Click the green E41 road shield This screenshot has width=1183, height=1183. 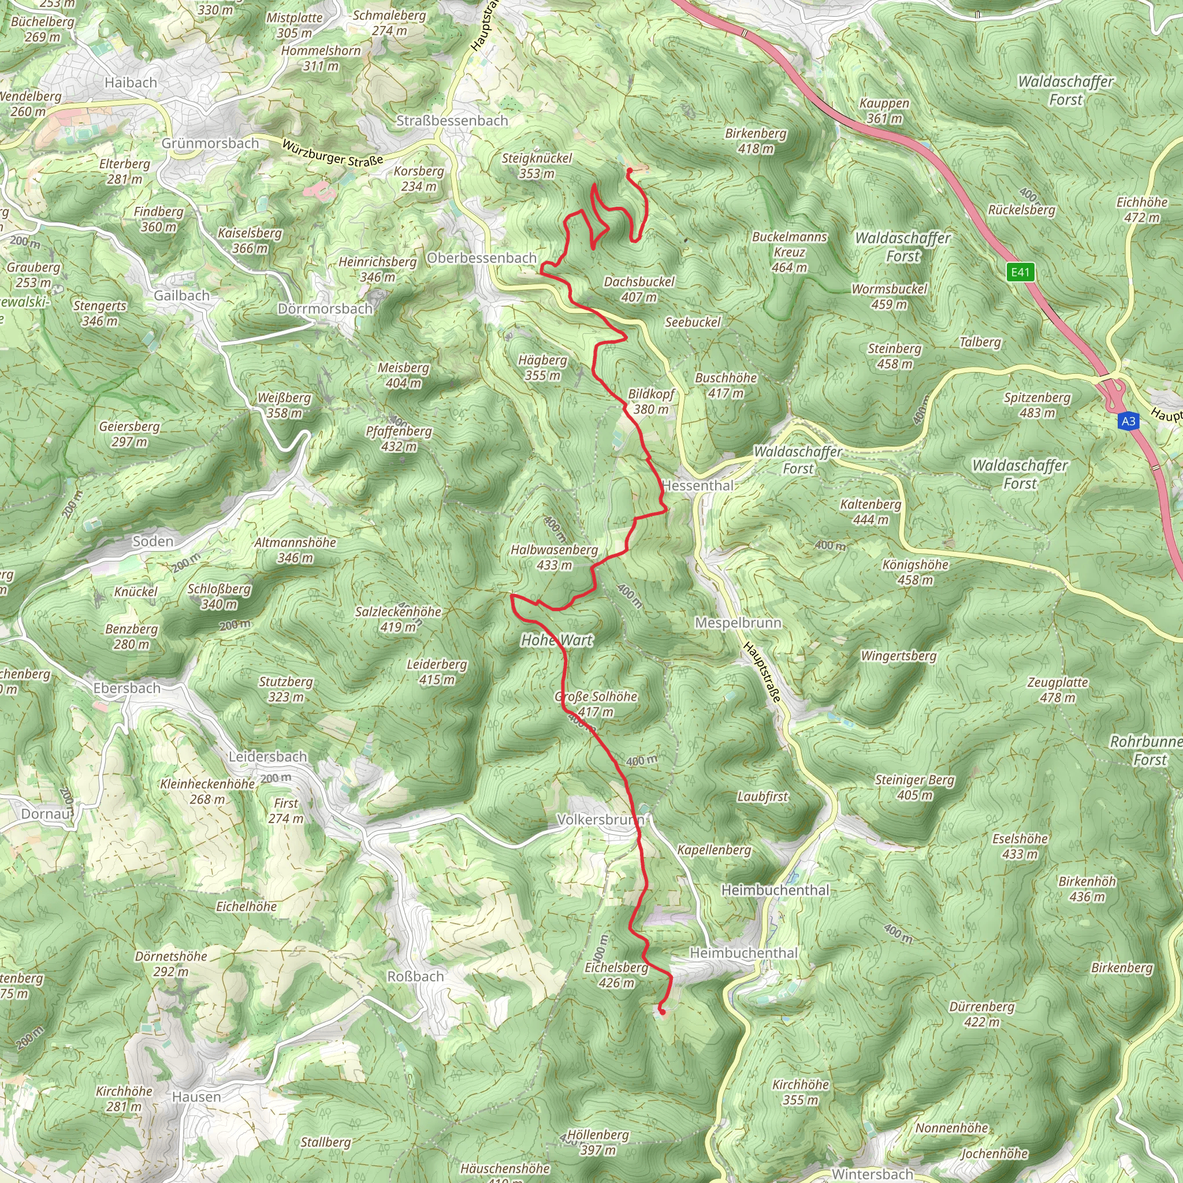(1020, 273)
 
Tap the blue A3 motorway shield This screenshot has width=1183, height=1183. (1128, 421)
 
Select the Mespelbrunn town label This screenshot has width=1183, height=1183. (738, 623)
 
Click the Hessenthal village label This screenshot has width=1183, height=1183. (698, 486)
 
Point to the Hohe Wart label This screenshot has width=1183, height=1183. (557, 641)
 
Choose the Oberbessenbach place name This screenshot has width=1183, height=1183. (481, 258)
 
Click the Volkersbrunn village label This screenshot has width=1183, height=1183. (600, 819)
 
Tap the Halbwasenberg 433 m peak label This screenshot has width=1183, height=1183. (554, 557)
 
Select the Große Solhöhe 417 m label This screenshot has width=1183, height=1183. (596, 704)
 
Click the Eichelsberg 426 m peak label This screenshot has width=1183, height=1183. (616, 975)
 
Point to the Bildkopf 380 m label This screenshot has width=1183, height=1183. (651, 401)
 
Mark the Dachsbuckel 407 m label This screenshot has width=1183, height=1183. (639, 289)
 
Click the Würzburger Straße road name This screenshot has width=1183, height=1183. (333, 152)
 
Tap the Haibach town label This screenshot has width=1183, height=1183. (131, 82)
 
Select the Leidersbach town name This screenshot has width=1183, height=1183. (267, 757)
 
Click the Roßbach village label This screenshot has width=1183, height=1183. (416, 976)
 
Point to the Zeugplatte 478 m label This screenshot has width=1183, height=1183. (1058, 690)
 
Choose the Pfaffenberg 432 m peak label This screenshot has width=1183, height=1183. (399, 438)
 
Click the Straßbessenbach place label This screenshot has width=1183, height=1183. (452, 121)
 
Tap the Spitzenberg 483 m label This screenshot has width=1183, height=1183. (1037, 405)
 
